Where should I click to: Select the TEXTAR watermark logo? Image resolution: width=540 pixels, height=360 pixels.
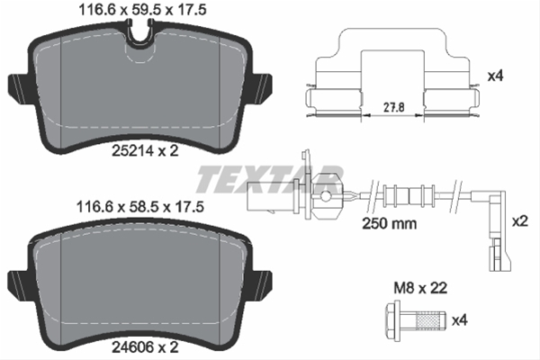point(270,175)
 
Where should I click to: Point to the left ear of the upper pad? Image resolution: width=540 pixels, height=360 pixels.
point(18,85)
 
